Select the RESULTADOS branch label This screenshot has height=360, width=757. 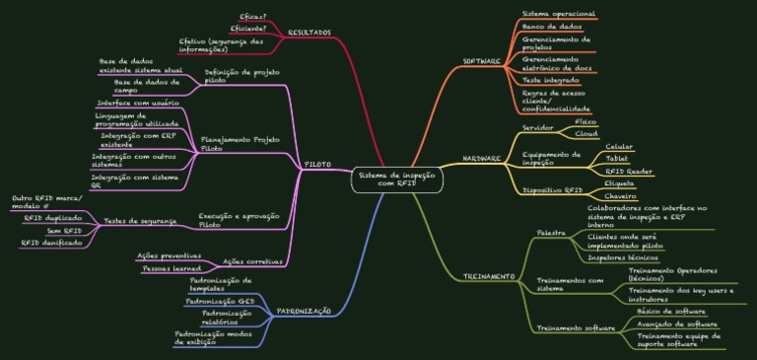(310, 34)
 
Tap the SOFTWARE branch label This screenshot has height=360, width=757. (483, 61)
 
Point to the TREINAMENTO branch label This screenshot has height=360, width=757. (489, 276)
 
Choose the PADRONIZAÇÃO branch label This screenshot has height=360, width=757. (304, 310)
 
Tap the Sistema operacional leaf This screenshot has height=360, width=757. (558, 12)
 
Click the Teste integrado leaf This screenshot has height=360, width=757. (551, 79)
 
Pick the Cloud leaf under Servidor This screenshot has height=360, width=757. (586, 133)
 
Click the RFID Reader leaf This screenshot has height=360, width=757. (629, 172)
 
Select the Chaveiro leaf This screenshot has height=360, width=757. (619, 197)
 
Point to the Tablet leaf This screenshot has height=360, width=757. (617, 158)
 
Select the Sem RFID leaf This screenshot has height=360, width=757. (65, 230)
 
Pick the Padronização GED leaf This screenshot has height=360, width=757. (222, 300)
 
